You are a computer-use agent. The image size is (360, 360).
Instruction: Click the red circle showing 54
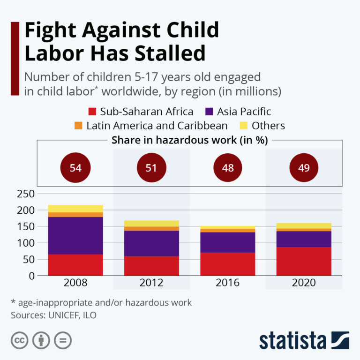coord(75,167)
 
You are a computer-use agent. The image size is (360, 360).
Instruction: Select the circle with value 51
coord(151,167)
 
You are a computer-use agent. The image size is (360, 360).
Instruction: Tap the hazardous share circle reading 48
coord(228,167)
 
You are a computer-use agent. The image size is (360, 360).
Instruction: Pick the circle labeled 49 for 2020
coord(304,167)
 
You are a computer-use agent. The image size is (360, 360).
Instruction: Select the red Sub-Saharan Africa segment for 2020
coord(304,261)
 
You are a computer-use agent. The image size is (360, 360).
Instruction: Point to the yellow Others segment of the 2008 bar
coord(75,209)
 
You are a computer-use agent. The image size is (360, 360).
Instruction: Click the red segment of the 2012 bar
coord(151,266)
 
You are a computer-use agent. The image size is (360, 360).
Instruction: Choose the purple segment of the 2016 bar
coord(228,242)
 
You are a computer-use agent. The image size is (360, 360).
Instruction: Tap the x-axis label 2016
coord(228,283)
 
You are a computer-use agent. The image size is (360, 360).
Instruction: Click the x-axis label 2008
coord(75,283)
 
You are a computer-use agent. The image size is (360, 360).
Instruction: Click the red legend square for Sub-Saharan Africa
coord(92,112)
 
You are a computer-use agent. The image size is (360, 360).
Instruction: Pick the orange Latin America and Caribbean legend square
coord(79,126)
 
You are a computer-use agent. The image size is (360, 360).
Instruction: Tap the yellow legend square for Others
coord(243,126)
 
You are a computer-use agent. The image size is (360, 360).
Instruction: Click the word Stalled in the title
coord(168,53)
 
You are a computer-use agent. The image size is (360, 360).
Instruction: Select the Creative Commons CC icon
coord(19,340)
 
